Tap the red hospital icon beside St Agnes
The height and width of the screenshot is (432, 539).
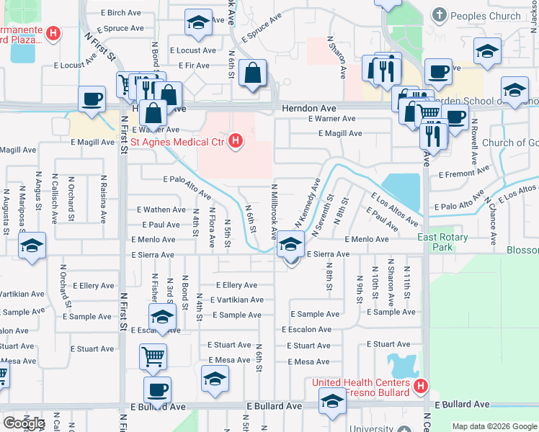click(x=234, y=140)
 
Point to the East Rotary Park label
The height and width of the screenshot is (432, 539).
click(x=442, y=242)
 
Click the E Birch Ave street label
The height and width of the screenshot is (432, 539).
click(x=121, y=13)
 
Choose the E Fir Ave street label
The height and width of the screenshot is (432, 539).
click(x=197, y=66)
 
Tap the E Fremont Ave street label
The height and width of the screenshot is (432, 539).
click(x=464, y=174)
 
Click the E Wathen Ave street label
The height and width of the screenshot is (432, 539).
click(x=161, y=210)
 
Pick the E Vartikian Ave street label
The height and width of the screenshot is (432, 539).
click(x=237, y=300)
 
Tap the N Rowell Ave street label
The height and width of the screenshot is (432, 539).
click(x=475, y=147)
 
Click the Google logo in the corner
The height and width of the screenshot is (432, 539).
click(x=24, y=423)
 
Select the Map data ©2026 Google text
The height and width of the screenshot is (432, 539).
click(x=494, y=426)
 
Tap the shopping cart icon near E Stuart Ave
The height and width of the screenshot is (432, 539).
click(x=153, y=356)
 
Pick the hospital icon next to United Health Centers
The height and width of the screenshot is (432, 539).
click(x=420, y=387)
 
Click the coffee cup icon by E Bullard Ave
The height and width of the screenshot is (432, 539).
click(x=157, y=390)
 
